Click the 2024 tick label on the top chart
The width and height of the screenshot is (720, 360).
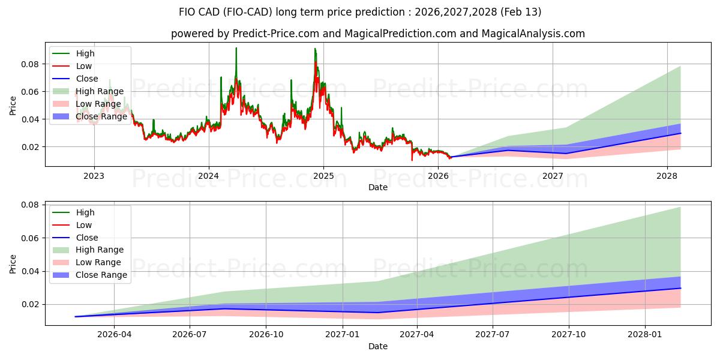point(209,176)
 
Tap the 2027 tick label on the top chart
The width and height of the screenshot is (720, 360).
point(553,176)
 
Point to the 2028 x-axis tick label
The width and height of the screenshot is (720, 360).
point(667,176)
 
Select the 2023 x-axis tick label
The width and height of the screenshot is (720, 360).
point(94,176)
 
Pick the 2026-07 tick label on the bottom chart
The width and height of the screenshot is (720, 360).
point(190,335)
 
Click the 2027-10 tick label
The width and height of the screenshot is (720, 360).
point(568,335)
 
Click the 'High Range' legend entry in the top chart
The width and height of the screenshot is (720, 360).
point(100,91)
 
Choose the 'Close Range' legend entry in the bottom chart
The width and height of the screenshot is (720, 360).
point(101,275)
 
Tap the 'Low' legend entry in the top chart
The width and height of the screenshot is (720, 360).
point(84,66)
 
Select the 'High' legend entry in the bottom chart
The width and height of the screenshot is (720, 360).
point(85,212)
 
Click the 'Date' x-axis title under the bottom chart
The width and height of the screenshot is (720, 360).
point(378,346)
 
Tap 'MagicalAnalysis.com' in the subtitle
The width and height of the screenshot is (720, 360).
point(535,34)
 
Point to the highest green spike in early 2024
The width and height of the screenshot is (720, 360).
point(236,48)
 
